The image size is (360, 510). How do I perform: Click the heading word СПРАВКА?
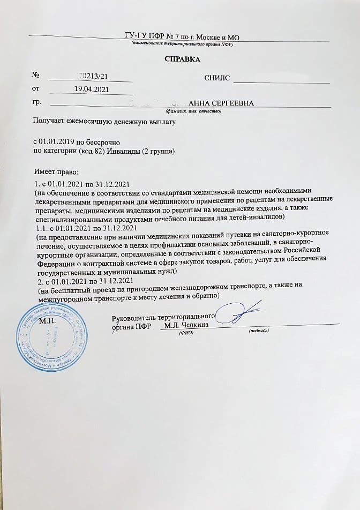click(x=182, y=59)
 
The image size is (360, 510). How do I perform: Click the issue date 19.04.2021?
click(x=92, y=89)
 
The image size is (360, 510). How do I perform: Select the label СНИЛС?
click(x=217, y=78)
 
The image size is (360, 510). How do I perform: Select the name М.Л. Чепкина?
click(x=186, y=325)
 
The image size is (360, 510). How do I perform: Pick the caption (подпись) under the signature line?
click(x=259, y=332)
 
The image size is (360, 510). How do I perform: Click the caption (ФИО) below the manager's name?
click(x=186, y=333)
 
